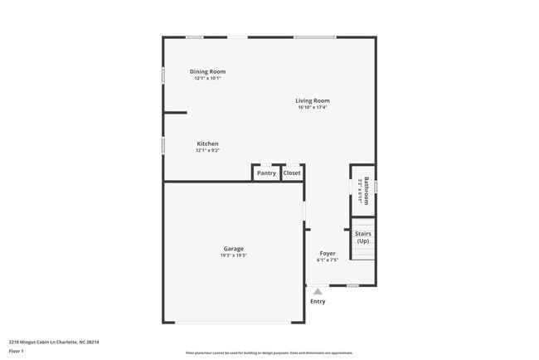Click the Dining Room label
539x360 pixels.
[207, 71]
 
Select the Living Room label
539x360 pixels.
[313, 100]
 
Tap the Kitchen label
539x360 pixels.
[207, 144]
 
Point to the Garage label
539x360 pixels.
[233, 248]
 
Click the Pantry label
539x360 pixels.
[266, 173]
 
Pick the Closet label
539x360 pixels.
[292, 173]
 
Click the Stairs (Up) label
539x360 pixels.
[363, 237]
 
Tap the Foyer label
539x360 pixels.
[328, 253]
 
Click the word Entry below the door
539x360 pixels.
[318, 301]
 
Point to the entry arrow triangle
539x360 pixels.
[318, 291]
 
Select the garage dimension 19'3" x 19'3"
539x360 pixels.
[233, 255]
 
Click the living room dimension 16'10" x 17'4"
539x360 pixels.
[313, 108]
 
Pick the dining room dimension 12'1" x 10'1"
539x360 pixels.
[207, 79]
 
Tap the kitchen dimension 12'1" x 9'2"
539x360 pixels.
[207, 151]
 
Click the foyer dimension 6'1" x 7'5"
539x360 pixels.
[328, 260]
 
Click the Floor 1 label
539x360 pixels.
[16, 351]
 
